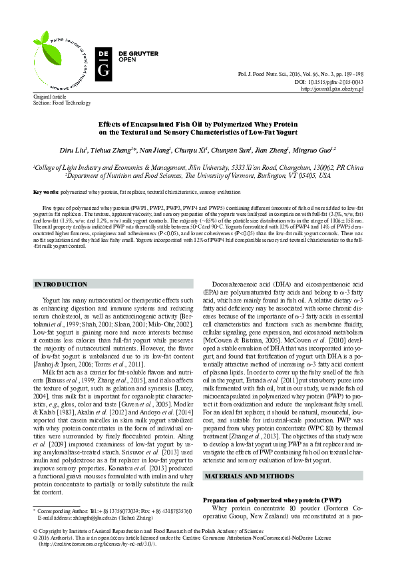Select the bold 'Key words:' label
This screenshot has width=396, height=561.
coord(46,191)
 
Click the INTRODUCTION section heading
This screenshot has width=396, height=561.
coord(61,284)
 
